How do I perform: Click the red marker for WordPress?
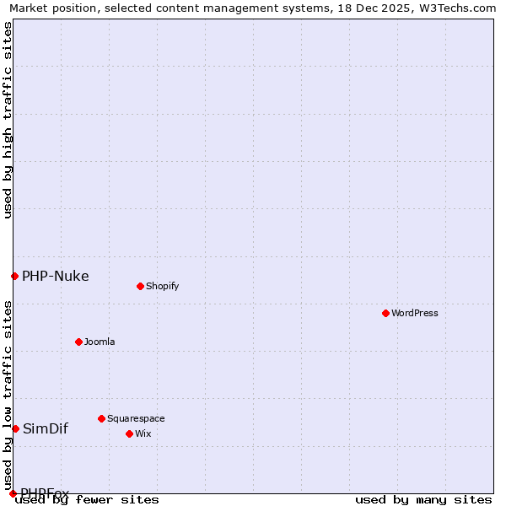click(385, 313)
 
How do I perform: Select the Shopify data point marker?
click(140, 286)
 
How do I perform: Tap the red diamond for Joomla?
click(78, 342)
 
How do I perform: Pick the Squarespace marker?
click(101, 418)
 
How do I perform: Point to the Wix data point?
click(129, 433)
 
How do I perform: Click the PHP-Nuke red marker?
click(14, 276)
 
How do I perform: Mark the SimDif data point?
click(15, 428)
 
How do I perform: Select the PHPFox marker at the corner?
click(13, 493)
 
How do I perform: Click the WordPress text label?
click(415, 313)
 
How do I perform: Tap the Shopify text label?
click(163, 286)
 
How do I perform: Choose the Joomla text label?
click(100, 342)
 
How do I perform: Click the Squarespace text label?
click(136, 418)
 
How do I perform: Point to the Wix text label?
click(143, 433)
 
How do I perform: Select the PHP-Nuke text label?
click(56, 276)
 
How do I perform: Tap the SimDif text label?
click(46, 428)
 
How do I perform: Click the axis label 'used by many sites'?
click(423, 500)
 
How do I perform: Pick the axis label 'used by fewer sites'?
click(88, 500)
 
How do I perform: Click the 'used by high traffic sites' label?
click(8, 120)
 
